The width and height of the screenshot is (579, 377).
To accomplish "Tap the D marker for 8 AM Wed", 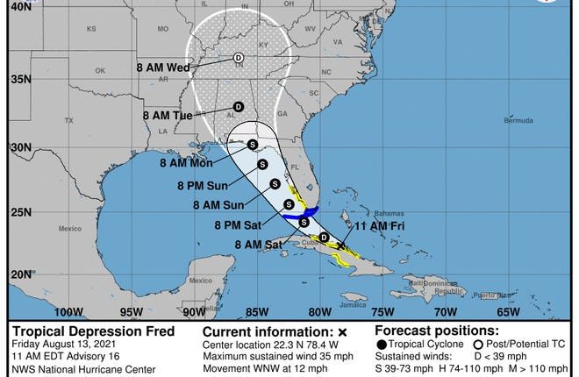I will pyautogui.click(x=238, y=60).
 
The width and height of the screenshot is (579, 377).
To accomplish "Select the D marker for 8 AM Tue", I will pyautogui.click(x=238, y=107).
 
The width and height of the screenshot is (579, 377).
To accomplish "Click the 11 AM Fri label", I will pyautogui.click(x=357, y=226).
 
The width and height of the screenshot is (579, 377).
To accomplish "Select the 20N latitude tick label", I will pyautogui.click(x=18, y=274).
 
